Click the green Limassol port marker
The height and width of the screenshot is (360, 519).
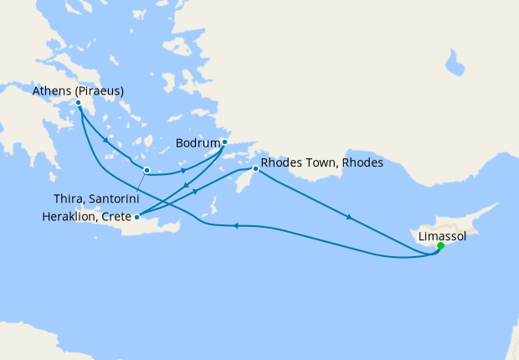[x=440, y=246]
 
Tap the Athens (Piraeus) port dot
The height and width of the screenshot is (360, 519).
[x=78, y=103]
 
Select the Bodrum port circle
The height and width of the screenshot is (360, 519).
[x=224, y=141]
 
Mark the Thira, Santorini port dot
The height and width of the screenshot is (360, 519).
[x=146, y=171]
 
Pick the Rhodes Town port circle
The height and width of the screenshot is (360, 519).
[x=255, y=170]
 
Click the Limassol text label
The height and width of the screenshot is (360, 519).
[x=442, y=236]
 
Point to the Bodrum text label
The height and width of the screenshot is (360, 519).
[x=198, y=141]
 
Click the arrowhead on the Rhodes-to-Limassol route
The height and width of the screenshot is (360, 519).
[x=347, y=218]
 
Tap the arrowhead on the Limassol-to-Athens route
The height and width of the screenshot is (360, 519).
[x=236, y=225]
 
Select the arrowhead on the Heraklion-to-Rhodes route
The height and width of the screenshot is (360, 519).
[x=198, y=190]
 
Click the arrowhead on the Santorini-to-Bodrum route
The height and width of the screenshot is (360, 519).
[x=184, y=170]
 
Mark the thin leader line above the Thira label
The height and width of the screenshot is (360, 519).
[x=140, y=183]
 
